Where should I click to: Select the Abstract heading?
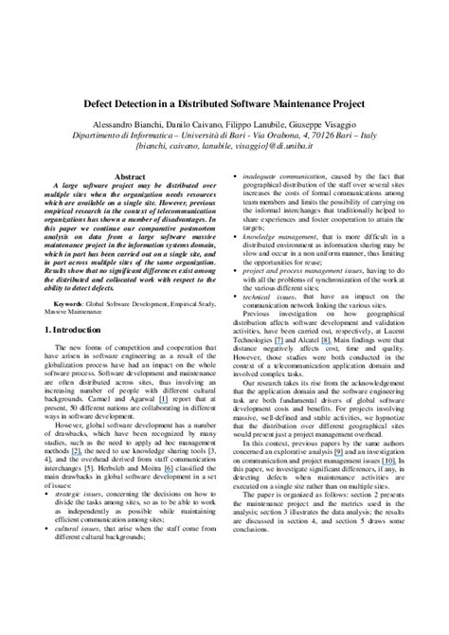click(x=129, y=177)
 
